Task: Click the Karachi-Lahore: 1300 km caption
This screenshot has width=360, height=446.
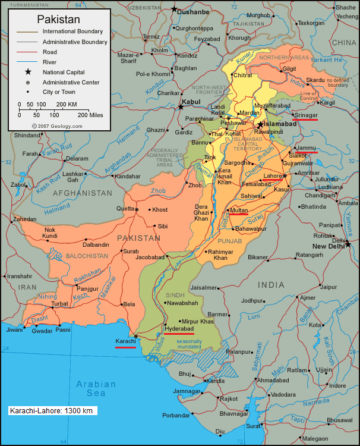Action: coord(53,410)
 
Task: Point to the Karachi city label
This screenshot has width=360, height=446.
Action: coord(125,341)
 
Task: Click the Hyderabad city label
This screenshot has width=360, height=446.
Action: coord(179,328)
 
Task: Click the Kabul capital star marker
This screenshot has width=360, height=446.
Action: coord(181,107)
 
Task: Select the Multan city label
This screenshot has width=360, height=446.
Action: coord(239,211)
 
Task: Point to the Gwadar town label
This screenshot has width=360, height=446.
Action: coord(42,331)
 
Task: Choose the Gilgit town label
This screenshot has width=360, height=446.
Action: coord(289,68)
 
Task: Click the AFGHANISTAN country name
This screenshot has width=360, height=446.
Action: coord(82,193)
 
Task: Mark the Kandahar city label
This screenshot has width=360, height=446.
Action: coord(128,177)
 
